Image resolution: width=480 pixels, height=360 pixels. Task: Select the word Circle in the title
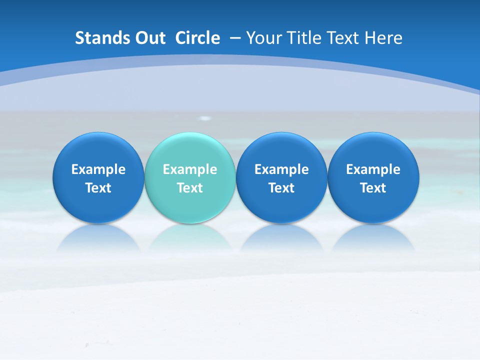197,38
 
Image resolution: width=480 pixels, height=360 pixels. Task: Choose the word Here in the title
384,38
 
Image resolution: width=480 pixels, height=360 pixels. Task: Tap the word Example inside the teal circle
190,169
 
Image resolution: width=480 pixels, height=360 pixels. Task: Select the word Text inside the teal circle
190,188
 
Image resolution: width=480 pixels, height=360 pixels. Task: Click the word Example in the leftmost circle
98,169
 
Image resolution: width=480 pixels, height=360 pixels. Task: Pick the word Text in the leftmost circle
98,188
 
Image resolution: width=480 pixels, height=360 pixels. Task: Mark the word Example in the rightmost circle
373,169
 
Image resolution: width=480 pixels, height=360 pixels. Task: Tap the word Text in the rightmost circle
373,188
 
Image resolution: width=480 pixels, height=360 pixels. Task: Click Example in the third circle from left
281,169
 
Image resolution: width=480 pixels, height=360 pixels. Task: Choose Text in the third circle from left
281,188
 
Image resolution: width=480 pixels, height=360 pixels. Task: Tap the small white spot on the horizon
205,118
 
